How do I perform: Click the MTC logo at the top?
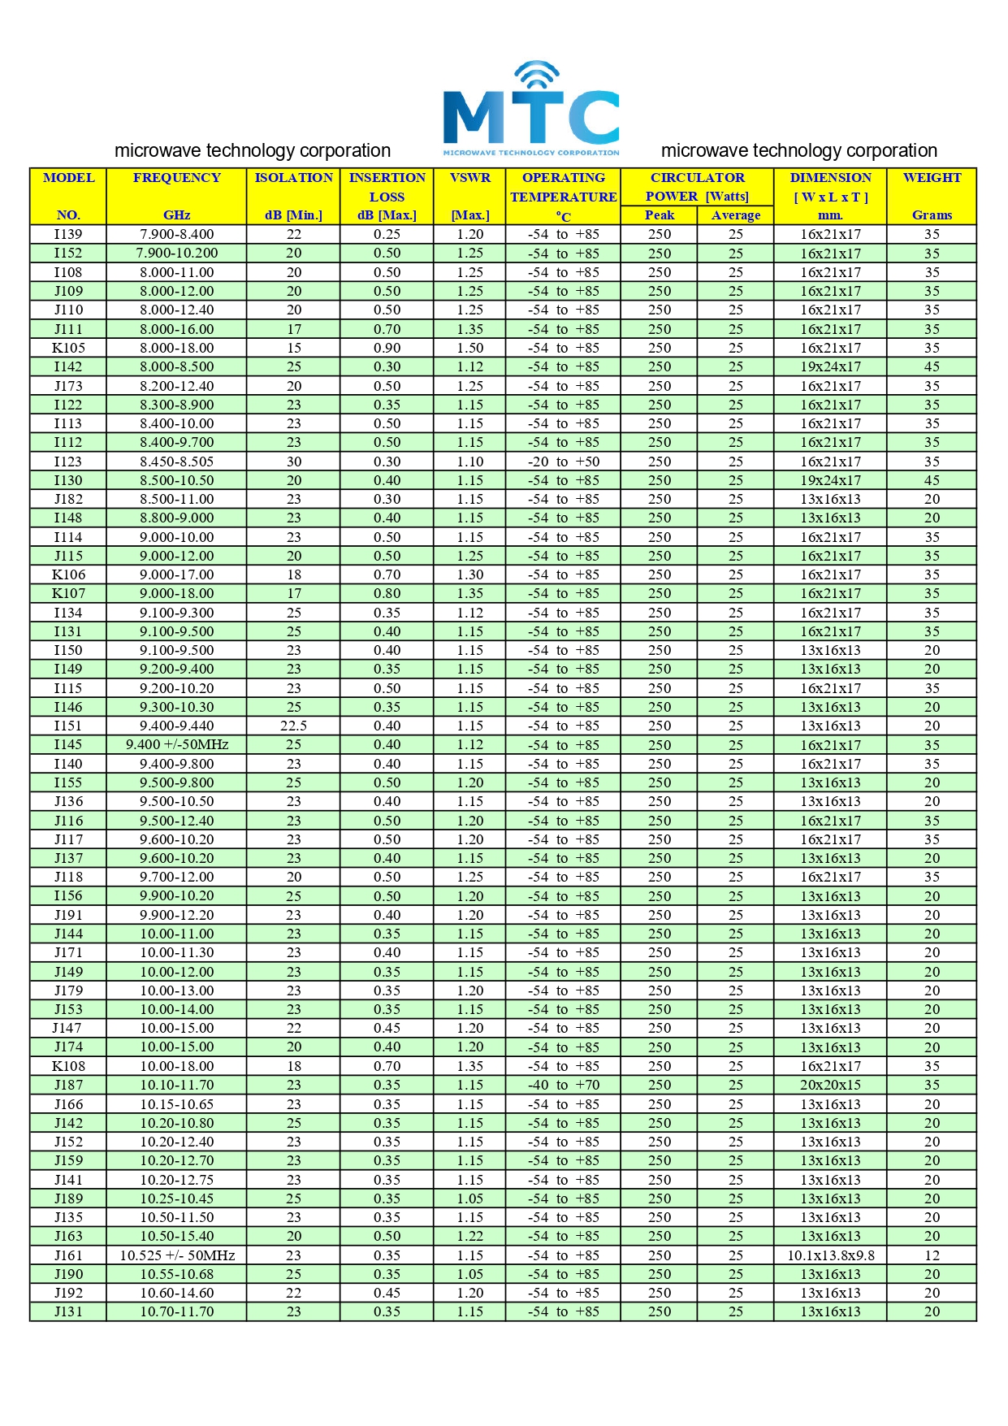click(x=531, y=109)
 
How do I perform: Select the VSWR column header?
click(x=470, y=178)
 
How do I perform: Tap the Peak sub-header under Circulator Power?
click(x=659, y=215)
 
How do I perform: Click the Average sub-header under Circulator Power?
click(x=735, y=215)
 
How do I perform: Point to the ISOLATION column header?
click(x=293, y=178)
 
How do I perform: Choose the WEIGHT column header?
click(x=932, y=178)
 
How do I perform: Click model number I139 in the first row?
click(x=68, y=234)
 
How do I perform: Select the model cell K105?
click(x=68, y=348)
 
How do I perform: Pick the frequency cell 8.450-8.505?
click(x=176, y=462)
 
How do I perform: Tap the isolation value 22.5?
click(x=293, y=726)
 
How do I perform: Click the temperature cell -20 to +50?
click(x=563, y=462)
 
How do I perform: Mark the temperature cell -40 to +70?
click(x=563, y=1085)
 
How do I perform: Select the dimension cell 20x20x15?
click(x=830, y=1085)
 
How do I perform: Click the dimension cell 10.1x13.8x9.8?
click(x=830, y=1255)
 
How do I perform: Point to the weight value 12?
click(x=932, y=1255)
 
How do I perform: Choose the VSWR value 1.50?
click(x=469, y=348)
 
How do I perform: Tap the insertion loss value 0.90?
click(x=387, y=348)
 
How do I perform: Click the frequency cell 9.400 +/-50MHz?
click(x=176, y=744)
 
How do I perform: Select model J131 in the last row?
click(x=68, y=1311)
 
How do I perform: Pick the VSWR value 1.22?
click(x=469, y=1236)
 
